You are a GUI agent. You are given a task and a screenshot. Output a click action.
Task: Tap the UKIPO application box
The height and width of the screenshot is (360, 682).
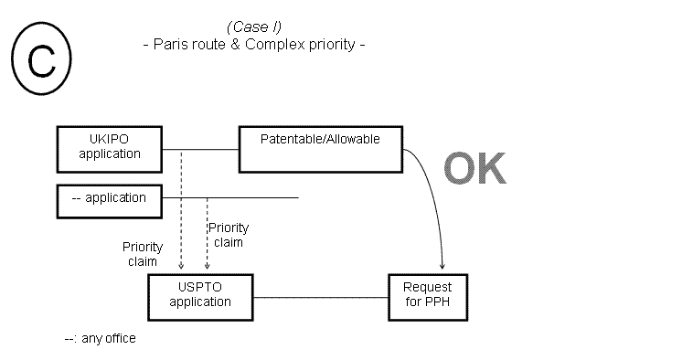pyautogui.click(x=110, y=147)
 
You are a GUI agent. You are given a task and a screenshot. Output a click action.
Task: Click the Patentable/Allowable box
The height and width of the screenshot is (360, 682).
pyautogui.click(x=320, y=148)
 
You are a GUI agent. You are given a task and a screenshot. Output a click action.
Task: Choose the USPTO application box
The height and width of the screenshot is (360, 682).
pyautogui.click(x=200, y=295)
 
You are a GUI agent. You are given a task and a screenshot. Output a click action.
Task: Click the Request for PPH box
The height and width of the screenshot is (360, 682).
pyautogui.click(x=427, y=295)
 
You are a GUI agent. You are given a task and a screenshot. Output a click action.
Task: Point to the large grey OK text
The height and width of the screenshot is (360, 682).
pyautogui.click(x=474, y=170)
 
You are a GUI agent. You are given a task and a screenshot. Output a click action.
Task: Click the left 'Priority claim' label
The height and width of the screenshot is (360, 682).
pyautogui.click(x=143, y=254)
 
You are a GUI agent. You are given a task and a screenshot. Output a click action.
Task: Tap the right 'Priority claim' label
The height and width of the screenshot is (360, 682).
pyautogui.click(x=228, y=235)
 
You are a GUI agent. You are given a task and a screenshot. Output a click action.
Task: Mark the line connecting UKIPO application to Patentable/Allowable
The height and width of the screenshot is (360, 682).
pyautogui.click(x=200, y=148)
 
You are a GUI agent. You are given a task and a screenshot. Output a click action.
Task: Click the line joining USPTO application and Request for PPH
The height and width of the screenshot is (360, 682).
pyautogui.click(x=320, y=296)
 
